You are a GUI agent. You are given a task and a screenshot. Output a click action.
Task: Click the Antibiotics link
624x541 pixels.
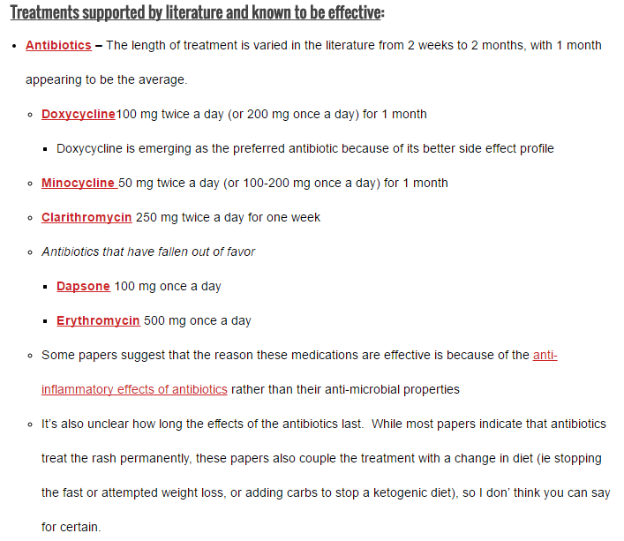click(58, 45)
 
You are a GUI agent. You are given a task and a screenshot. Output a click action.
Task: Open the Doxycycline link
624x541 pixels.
click(79, 114)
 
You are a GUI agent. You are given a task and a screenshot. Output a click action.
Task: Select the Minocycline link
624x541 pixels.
click(78, 183)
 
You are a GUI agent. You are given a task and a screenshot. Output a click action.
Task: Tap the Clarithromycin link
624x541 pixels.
click(86, 217)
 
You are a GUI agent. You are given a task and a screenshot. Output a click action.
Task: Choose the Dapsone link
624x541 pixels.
click(83, 286)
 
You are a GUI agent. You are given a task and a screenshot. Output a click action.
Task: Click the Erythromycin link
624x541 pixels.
click(98, 320)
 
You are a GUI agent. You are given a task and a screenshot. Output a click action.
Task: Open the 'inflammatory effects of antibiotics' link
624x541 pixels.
click(134, 389)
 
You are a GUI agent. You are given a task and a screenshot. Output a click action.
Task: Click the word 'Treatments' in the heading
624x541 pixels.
click(48, 14)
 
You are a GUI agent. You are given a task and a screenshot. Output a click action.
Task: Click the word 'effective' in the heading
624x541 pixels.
click(354, 14)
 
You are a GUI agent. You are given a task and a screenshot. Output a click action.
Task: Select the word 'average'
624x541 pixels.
click(162, 79)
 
